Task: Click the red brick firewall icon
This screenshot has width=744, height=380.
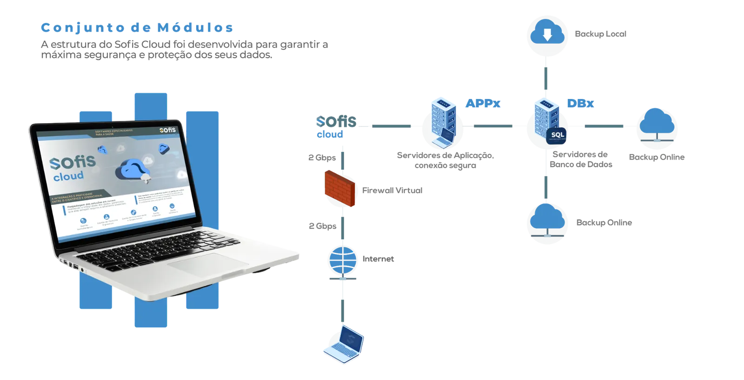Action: coord(340,188)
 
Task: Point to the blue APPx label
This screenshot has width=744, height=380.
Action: coord(484,104)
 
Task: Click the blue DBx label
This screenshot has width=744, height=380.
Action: coord(581,104)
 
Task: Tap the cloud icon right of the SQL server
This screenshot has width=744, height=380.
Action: coord(657,124)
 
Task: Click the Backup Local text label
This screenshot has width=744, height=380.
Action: coord(600,34)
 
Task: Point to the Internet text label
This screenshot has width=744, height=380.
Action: coord(378,259)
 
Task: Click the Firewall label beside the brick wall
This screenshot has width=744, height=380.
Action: coord(392,190)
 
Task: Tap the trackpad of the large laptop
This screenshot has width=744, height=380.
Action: coord(205,265)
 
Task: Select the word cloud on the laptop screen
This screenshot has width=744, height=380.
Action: coord(68,176)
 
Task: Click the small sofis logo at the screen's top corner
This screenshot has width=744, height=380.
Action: coord(167,130)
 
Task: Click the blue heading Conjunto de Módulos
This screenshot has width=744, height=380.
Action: coord(136,27)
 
